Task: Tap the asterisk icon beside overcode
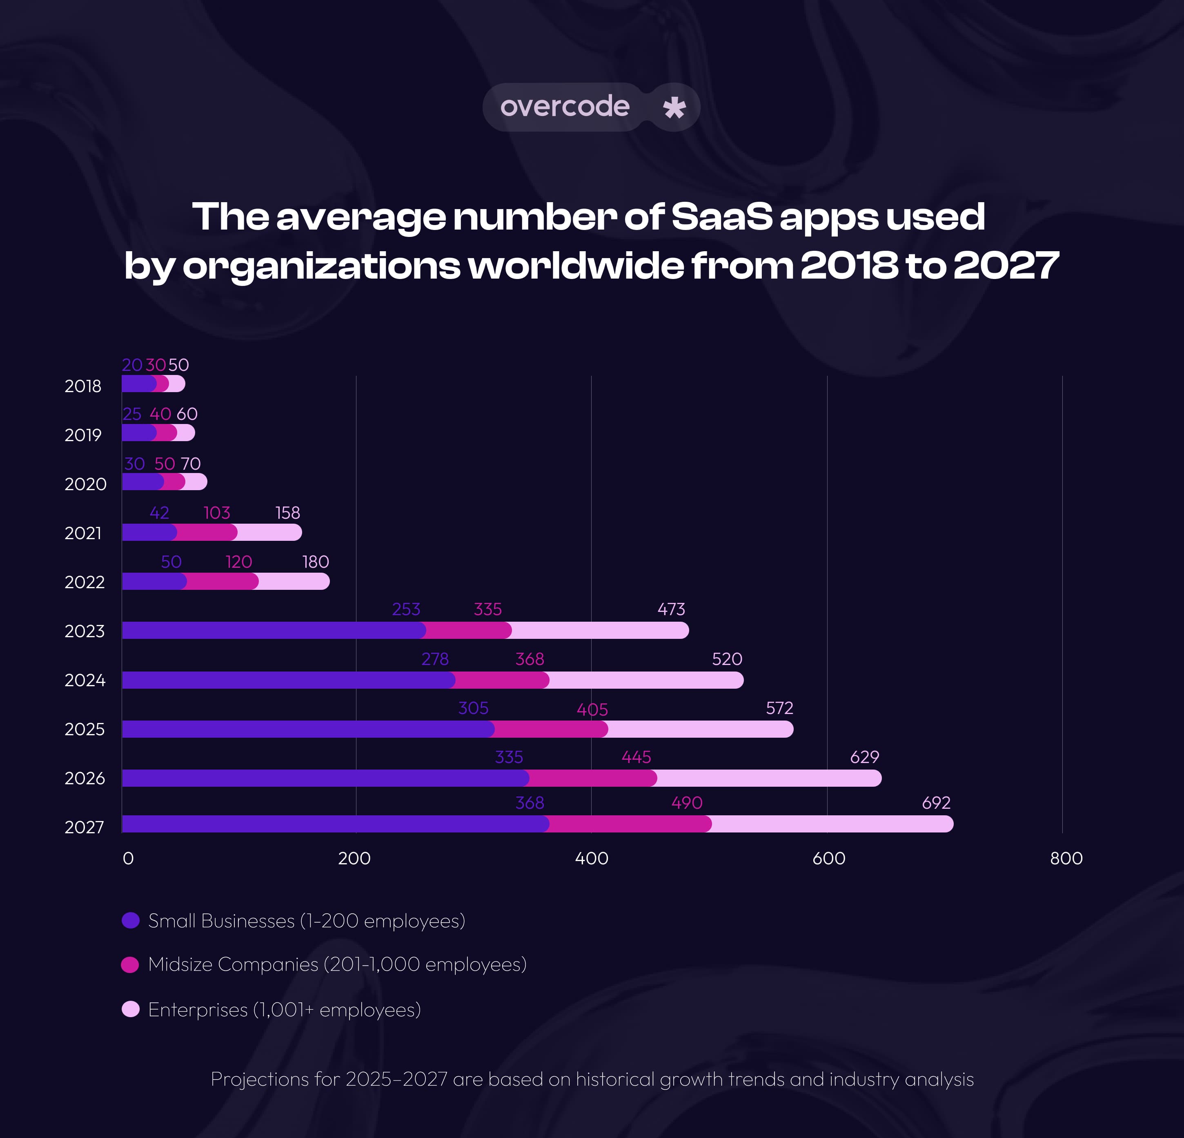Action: pos(674,107)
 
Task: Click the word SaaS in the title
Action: pos(721,216)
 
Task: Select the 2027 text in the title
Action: pos(1006,266)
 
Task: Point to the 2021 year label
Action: pos(83,533)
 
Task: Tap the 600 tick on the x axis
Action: pos(828,858)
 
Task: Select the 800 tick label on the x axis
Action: pos(1066,858)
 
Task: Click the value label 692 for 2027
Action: pos(936,803)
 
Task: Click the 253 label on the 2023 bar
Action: pos(406,609)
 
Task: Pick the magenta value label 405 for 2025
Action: pos(592,710)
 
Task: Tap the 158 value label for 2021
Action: pos(287,513)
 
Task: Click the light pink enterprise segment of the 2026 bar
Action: pos(767,778)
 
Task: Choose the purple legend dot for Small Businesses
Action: pos(131,920)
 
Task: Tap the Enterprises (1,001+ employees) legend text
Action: pos(284,1009)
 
